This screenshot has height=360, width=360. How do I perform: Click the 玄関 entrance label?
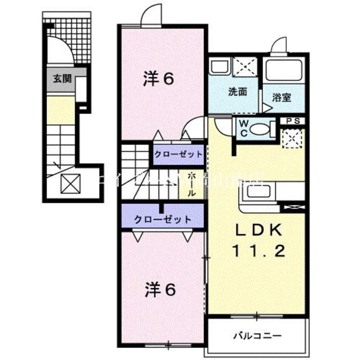(x=62, y=79)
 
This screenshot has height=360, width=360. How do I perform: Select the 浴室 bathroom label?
(x=282, y=97)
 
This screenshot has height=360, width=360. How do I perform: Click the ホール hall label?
(x=191, y=184)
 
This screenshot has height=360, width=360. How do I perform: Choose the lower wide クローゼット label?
(x=163, y=220)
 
